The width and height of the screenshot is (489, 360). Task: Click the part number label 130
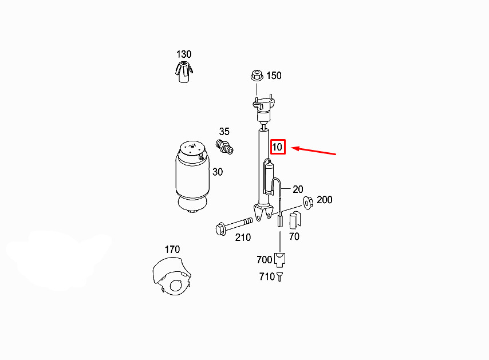184,54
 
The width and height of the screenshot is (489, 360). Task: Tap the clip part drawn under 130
184,72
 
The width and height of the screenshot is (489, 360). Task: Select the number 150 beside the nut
274,76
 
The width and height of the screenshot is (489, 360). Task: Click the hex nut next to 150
257,76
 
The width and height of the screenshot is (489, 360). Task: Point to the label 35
224,132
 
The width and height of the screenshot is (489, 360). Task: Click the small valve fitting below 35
224,147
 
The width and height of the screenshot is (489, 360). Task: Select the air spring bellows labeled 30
192,177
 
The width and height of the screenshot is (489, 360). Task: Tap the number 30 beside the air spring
218,172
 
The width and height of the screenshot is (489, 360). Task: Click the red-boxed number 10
277,147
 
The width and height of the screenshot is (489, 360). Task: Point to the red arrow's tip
291,148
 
